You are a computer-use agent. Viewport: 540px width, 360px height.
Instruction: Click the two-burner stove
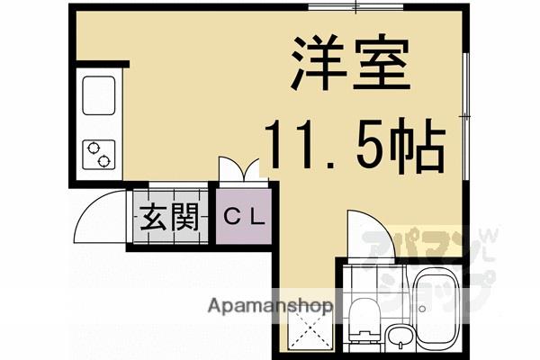[98, 153]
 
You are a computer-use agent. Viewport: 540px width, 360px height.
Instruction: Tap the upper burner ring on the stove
[94, 147]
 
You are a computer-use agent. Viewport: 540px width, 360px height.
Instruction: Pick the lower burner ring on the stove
[104, 162]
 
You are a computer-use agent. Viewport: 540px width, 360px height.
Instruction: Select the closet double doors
[238, 169]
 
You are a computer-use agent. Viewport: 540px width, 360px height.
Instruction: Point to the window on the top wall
[355, 8]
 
